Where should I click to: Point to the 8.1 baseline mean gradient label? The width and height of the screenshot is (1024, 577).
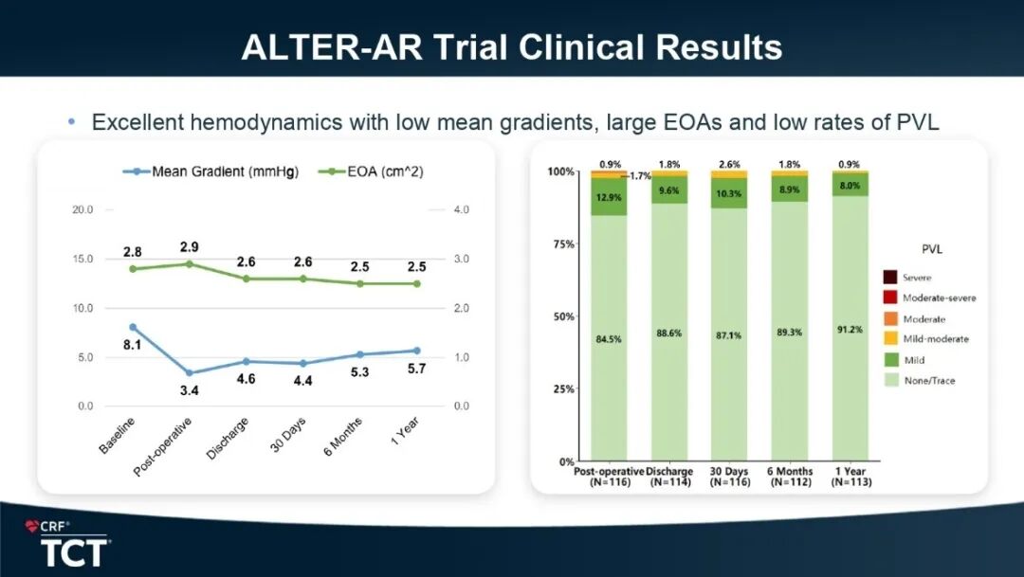click(133, 345)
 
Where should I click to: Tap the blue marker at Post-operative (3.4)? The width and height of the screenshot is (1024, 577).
click(189, 373)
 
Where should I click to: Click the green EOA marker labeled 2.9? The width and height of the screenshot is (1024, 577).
click(189, 263)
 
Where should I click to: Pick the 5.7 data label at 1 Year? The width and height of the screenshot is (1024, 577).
click(416, 369)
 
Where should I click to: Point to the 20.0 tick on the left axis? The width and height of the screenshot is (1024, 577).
click(82, 209)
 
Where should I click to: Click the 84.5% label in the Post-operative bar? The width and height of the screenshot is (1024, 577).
click(609, 338)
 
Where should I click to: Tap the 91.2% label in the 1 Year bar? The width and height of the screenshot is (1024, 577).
click(850, 331)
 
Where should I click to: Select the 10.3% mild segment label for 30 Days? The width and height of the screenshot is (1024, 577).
click(730, 193)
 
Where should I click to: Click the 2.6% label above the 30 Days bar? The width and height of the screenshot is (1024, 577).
click(730, 165)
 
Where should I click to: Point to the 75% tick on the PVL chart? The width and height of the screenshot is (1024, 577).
click(561, 244)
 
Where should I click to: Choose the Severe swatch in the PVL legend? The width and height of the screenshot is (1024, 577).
click(890, 278)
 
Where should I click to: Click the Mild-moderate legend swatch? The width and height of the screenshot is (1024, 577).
click(890, 339)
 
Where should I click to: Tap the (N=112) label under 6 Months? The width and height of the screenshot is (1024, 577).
click(790, 482)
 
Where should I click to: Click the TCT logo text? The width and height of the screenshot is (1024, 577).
click(74, 552)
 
